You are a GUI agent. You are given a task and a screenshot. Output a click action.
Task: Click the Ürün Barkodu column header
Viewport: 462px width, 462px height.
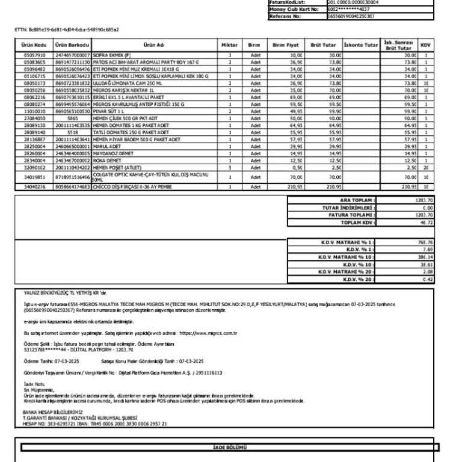tap(72, 45)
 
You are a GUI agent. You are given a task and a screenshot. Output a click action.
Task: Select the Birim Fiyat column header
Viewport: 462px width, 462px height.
tap(286, 45)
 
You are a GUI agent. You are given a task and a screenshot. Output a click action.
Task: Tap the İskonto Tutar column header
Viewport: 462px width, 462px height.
tap(361, 45)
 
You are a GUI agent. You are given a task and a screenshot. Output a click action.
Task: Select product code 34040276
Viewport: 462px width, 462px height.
tap(35, 187)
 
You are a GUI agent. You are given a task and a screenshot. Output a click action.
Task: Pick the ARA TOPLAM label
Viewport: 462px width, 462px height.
tap(357, 200)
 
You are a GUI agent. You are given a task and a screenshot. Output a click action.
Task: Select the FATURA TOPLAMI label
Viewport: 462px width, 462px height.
tap(352, 215)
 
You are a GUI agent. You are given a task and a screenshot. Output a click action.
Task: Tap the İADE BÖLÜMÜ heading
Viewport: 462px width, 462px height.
tap(230, 447)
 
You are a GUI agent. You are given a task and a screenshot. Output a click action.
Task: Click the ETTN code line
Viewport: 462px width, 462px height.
tap(66, 29)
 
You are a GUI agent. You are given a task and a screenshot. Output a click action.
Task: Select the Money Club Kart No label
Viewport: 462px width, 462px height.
tap(293, 9)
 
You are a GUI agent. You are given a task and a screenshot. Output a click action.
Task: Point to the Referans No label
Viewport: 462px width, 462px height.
tap(285, 16)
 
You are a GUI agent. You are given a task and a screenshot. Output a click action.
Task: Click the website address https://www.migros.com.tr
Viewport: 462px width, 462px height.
tap(208, 332)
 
